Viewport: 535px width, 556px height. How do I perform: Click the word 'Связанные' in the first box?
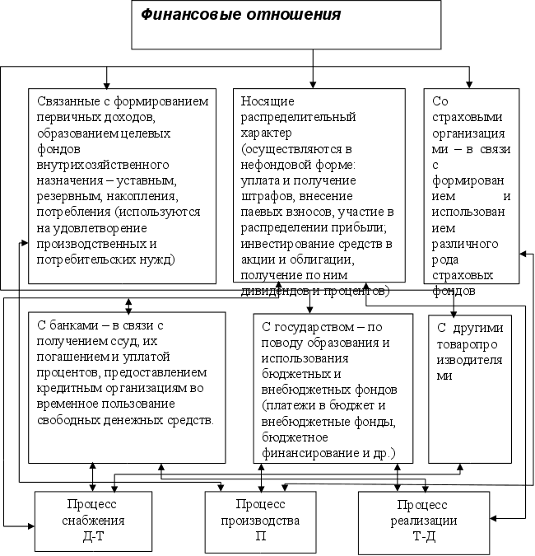tap(67, 101)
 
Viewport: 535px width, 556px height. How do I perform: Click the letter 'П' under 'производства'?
tap(260, 535)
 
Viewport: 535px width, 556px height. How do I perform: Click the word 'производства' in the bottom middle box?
tap(260, 521)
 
